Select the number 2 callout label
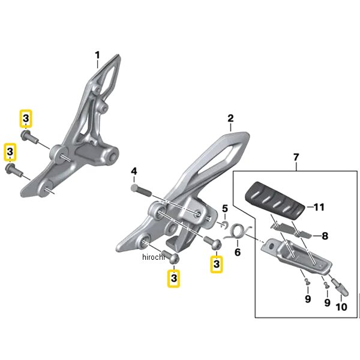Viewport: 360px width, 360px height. tap(230, 119)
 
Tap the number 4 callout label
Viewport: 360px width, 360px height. tap(134, 172)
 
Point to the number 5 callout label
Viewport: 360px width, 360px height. tap(225, 209)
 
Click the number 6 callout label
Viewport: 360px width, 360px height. tap(237, 253)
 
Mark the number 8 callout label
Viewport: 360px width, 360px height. tap(325, 236)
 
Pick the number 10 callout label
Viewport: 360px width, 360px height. tap(341, 307)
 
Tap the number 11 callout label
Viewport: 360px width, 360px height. tap(319, 208)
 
